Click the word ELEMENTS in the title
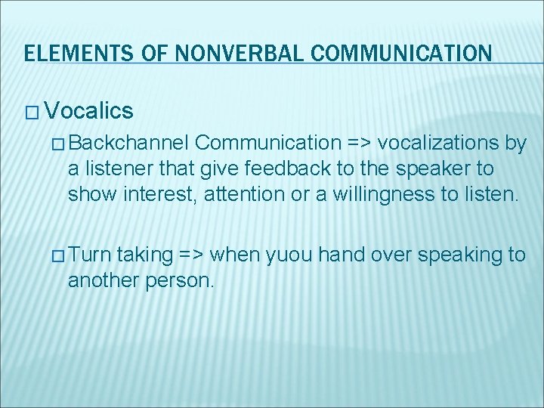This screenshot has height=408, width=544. [x=68, y=54]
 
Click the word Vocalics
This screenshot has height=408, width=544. [x=89, y=112]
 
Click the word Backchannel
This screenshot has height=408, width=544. [x=132, y=143]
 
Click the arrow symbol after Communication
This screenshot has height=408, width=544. [x=359, y=143]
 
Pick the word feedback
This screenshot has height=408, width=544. [x=281, y=169]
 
